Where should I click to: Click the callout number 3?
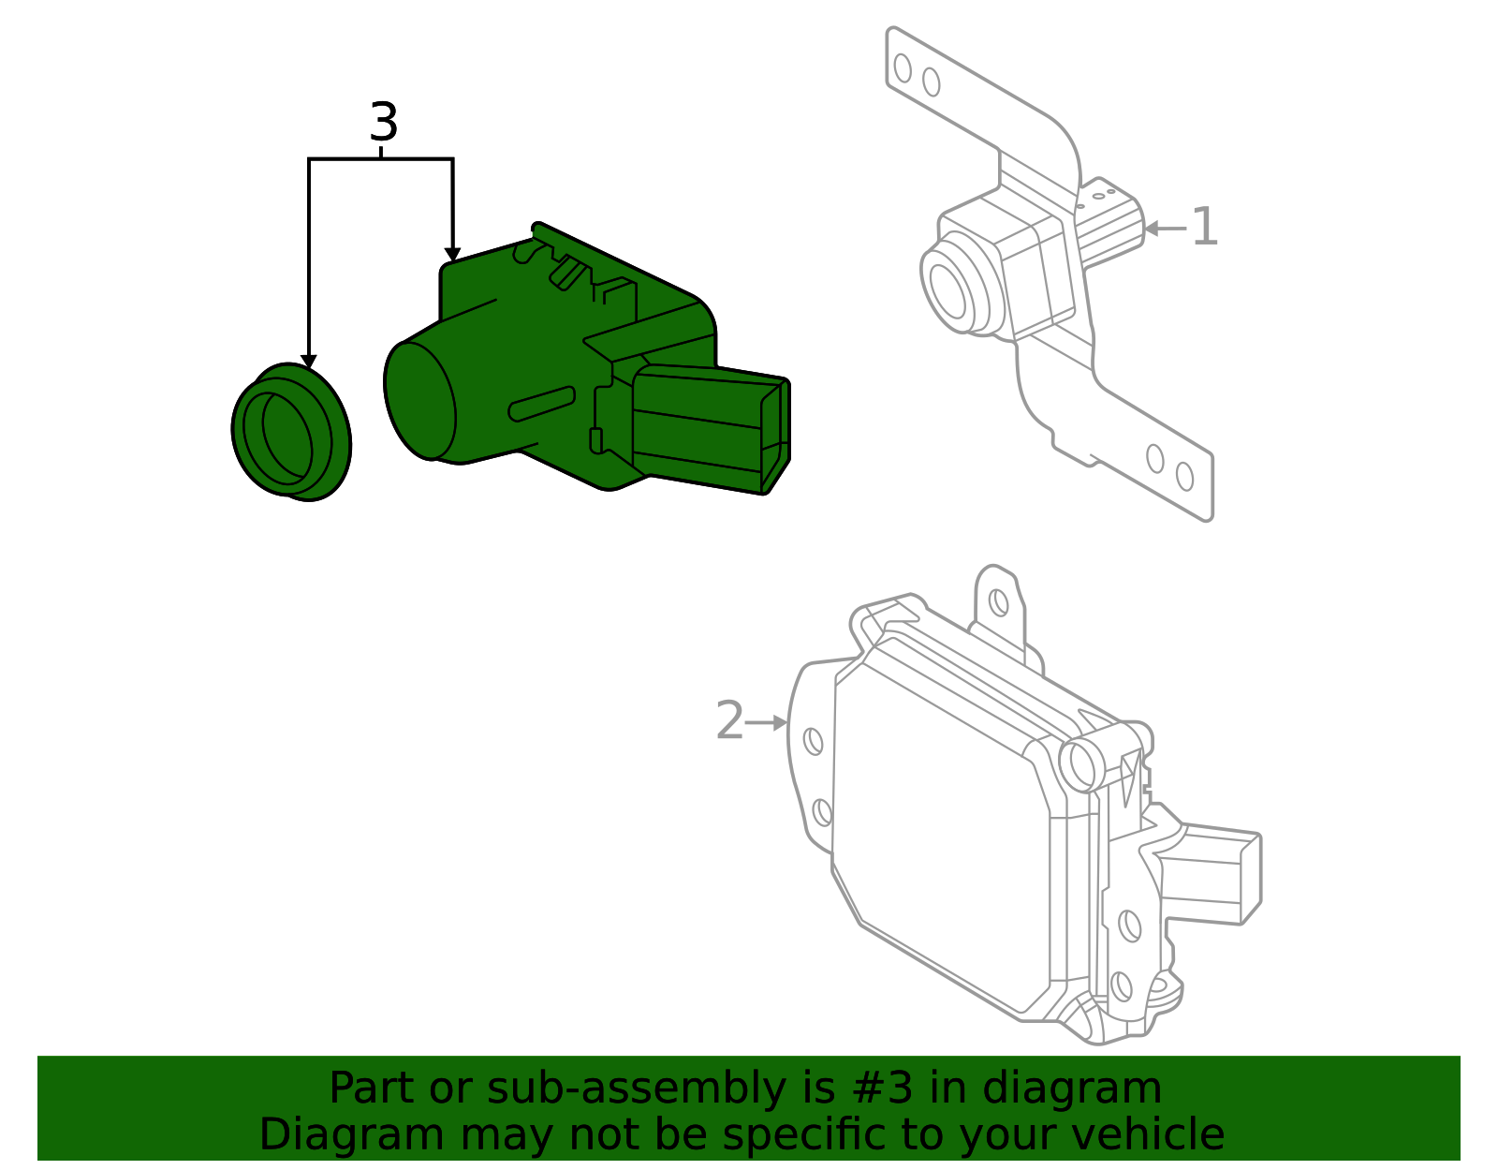[384, 123]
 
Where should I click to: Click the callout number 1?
[1204, 228]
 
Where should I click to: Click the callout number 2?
[729, 721]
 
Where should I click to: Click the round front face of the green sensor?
[419, 400]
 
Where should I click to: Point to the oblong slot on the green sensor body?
[541, 404]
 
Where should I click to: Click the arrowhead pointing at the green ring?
[308, 363]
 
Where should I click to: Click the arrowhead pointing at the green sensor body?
[452, 255]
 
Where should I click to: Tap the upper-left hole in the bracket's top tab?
[903, 68]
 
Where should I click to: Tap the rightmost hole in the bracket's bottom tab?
[1184, 476]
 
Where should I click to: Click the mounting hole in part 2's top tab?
[999, 601]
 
